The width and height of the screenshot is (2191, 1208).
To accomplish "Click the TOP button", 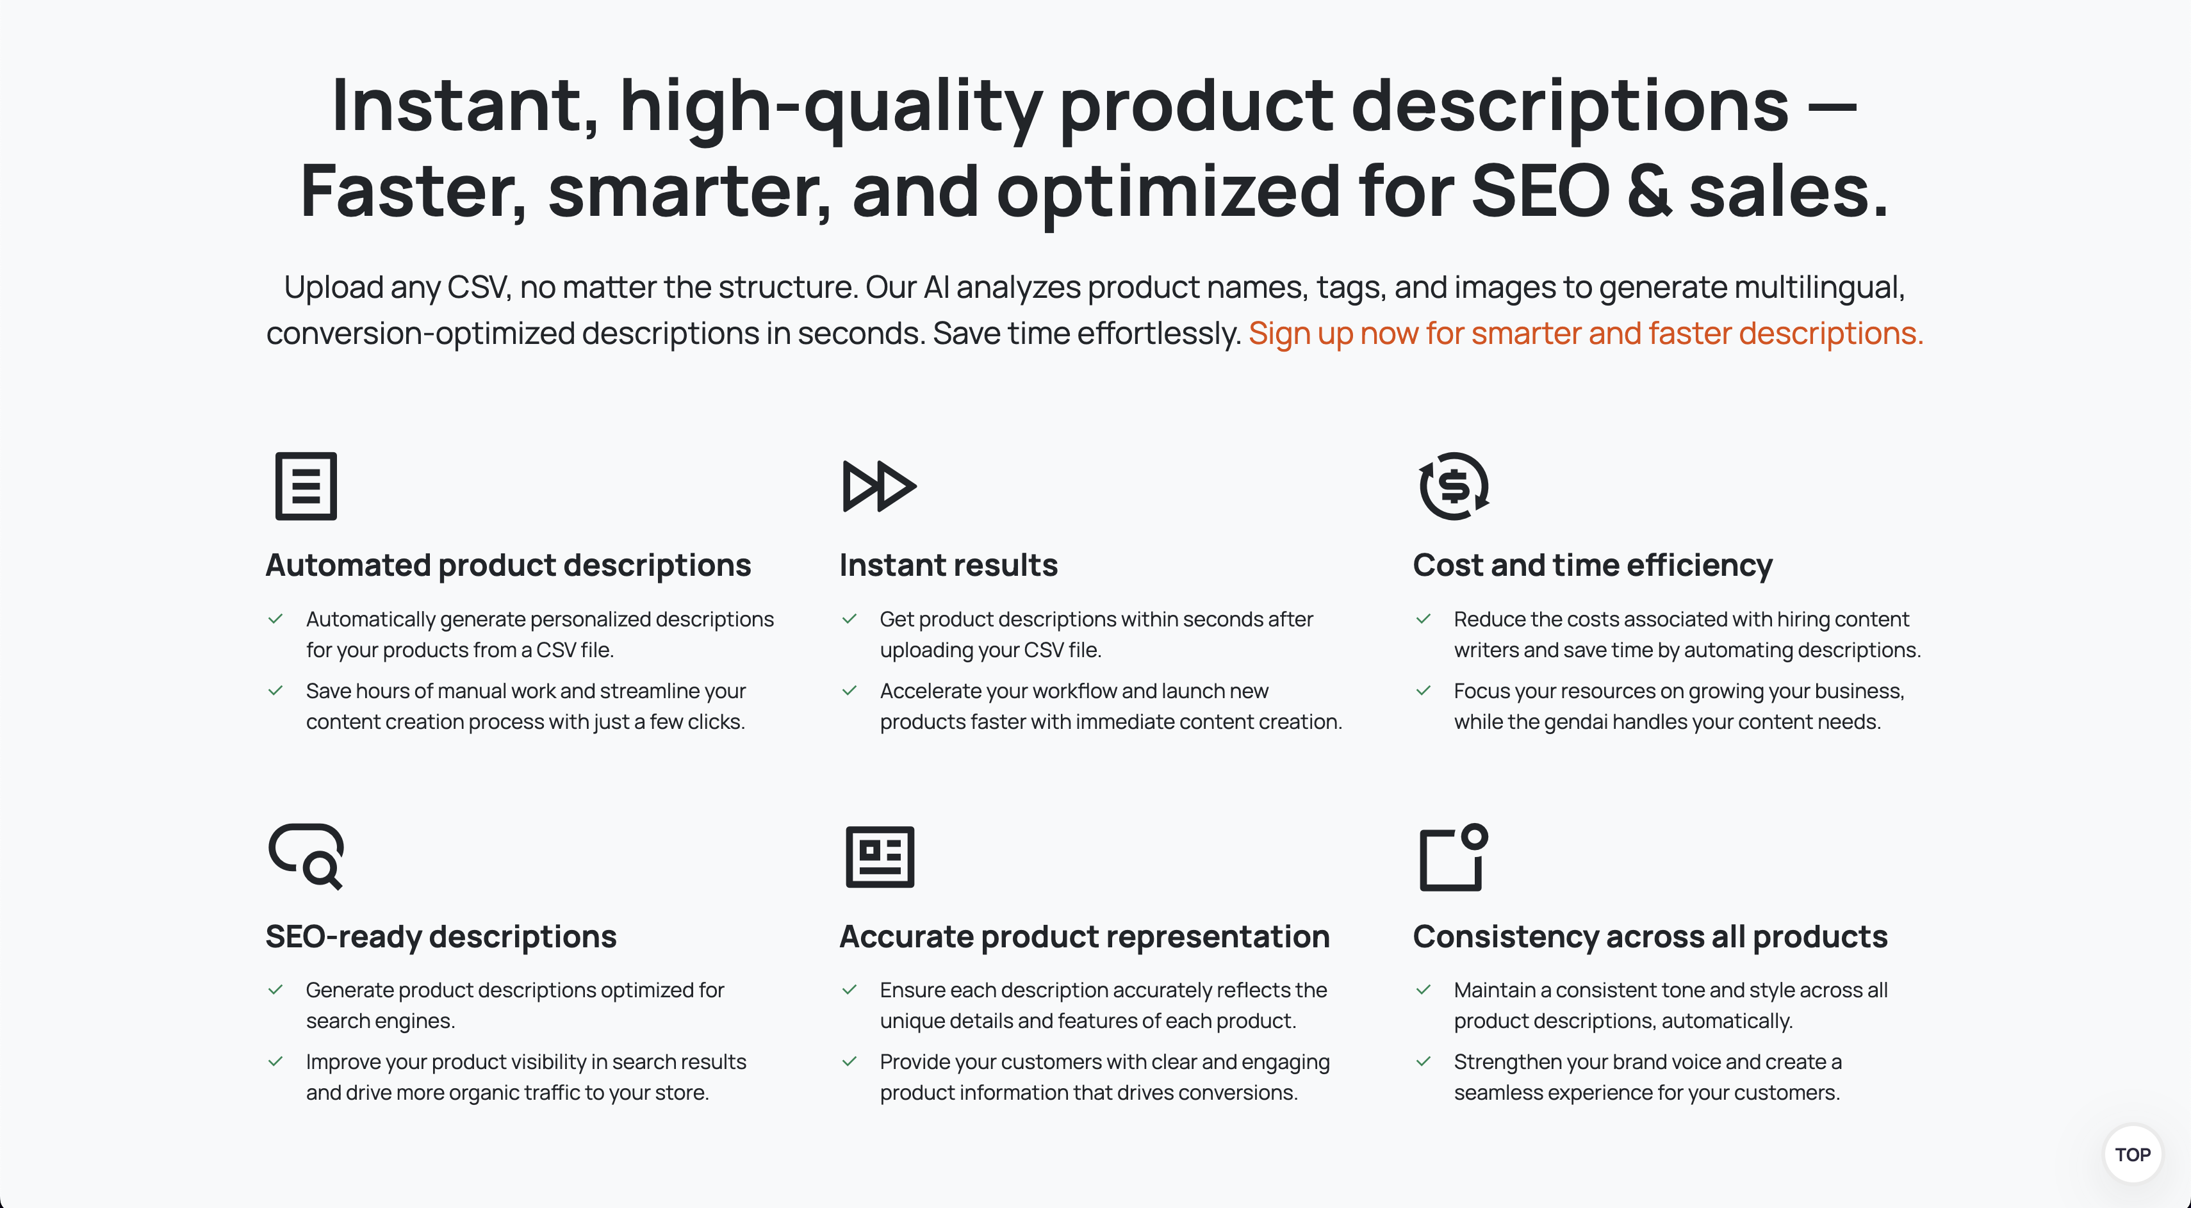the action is tap(2132, 1154).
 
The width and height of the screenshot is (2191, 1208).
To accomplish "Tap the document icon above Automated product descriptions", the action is tap(306, 486).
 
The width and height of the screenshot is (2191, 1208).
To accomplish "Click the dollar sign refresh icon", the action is tap(1454, 486).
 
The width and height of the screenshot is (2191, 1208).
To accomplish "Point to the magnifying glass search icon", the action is tap(306, 856).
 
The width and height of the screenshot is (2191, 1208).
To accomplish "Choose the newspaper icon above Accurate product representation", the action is tap(880, 856).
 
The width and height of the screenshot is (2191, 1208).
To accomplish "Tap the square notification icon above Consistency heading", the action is tap(1454, 857).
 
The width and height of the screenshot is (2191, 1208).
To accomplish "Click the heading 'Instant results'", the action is tap(948, 566).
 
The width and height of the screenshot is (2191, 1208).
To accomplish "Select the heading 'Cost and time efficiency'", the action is tap(1592, 566).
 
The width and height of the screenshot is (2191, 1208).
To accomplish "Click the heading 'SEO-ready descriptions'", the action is tap(441, 937).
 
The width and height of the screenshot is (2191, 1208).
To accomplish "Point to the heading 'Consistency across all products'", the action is tap(1650, 937).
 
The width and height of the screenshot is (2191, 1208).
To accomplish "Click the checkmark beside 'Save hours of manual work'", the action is tap(275, 690).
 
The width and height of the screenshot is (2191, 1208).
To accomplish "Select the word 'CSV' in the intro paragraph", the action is tap(477, 288).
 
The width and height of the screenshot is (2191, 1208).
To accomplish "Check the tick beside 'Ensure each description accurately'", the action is tap(849, 990).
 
